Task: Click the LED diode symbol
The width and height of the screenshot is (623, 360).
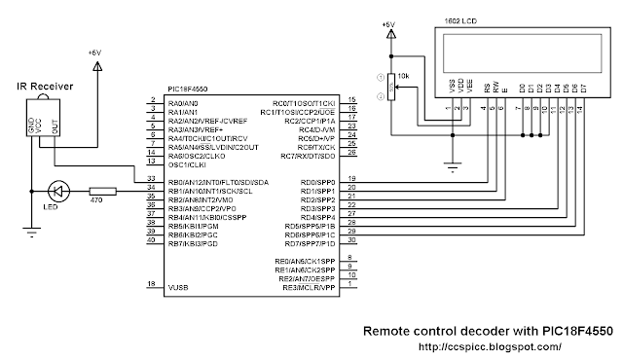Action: [x=57, y=191]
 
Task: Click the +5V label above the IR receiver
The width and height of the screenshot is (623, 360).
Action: [x=94, y=52]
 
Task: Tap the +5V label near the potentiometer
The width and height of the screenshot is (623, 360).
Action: [x=391, y=24]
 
